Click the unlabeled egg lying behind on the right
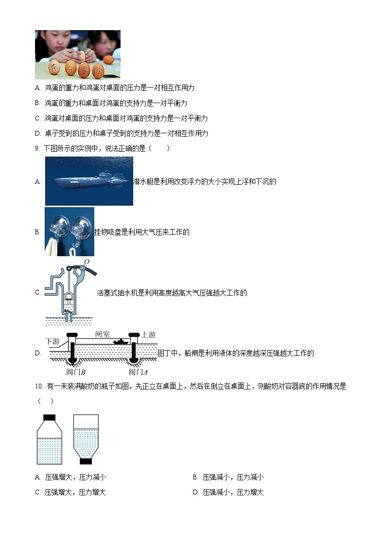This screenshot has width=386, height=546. point(108,59)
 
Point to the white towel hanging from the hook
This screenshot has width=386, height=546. point(51,246)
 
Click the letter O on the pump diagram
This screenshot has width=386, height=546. point(87,262)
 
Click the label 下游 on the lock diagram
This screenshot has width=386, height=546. point(53,341)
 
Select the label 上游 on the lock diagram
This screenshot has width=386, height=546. point(148,335)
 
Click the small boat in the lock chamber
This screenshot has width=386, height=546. point(121,342)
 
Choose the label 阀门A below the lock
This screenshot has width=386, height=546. point(138,372)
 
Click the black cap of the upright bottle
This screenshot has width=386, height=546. point(50,417)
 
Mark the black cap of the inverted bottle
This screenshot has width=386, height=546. point(86,461)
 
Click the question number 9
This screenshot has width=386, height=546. point(37,148)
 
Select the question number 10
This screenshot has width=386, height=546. point(39,387)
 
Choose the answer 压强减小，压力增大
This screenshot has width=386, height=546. point(233,493)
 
